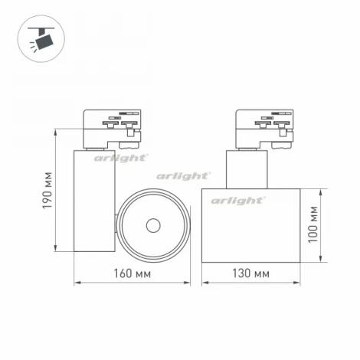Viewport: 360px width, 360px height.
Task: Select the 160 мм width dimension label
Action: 132,273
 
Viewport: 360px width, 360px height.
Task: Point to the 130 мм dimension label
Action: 250,273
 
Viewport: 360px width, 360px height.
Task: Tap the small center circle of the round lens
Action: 152,225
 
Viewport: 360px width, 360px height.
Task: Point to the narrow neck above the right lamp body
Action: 246,169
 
